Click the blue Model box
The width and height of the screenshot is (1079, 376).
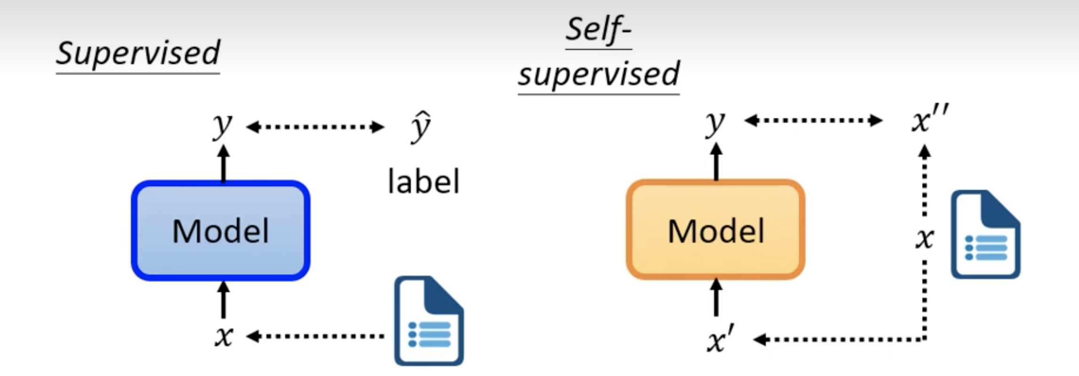tap(220, 230)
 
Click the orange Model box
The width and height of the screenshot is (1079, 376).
tap(715, 230)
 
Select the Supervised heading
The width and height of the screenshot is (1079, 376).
tap(138, 53)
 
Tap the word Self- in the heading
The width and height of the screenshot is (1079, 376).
tap(598, 29)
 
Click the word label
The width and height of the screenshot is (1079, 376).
tap(423, 182)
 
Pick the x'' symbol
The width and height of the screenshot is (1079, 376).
tap(929, 120)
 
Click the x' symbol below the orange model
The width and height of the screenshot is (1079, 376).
tap(720, 340)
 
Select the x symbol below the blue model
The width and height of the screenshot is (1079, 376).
tap(224, 336)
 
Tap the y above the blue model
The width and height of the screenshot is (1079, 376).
tap(222, 125)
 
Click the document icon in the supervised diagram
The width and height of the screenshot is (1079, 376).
tap(428, 321)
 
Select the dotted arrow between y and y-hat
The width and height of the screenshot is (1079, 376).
tap(315, 126)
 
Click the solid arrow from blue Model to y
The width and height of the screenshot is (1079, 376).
tap(224, 163)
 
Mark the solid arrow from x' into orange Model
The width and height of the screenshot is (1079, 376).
tap(716, 297)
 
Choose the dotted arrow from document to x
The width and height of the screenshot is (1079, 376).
tap(315, 336)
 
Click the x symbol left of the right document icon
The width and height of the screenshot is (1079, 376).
tap(924, 238)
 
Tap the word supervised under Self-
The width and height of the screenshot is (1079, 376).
tap(598, 74)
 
